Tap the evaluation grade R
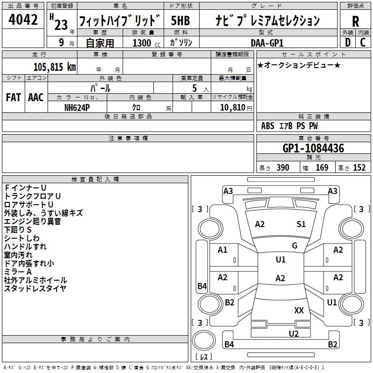point(355,21)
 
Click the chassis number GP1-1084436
point(313,149)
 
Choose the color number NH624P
point(77,107)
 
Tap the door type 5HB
point(181,21)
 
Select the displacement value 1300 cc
point(145,43)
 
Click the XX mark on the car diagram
point(299,310)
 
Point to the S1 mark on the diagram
point(301,224)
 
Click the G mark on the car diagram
point(295,246)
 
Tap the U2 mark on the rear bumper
point(293,333)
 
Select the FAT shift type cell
point(13,97)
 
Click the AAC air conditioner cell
point(35,97)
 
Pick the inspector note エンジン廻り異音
point(33,221)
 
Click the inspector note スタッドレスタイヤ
point(35,288)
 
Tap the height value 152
point(359,168)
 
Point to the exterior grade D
point(347,43)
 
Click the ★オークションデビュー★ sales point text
point(299,65)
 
